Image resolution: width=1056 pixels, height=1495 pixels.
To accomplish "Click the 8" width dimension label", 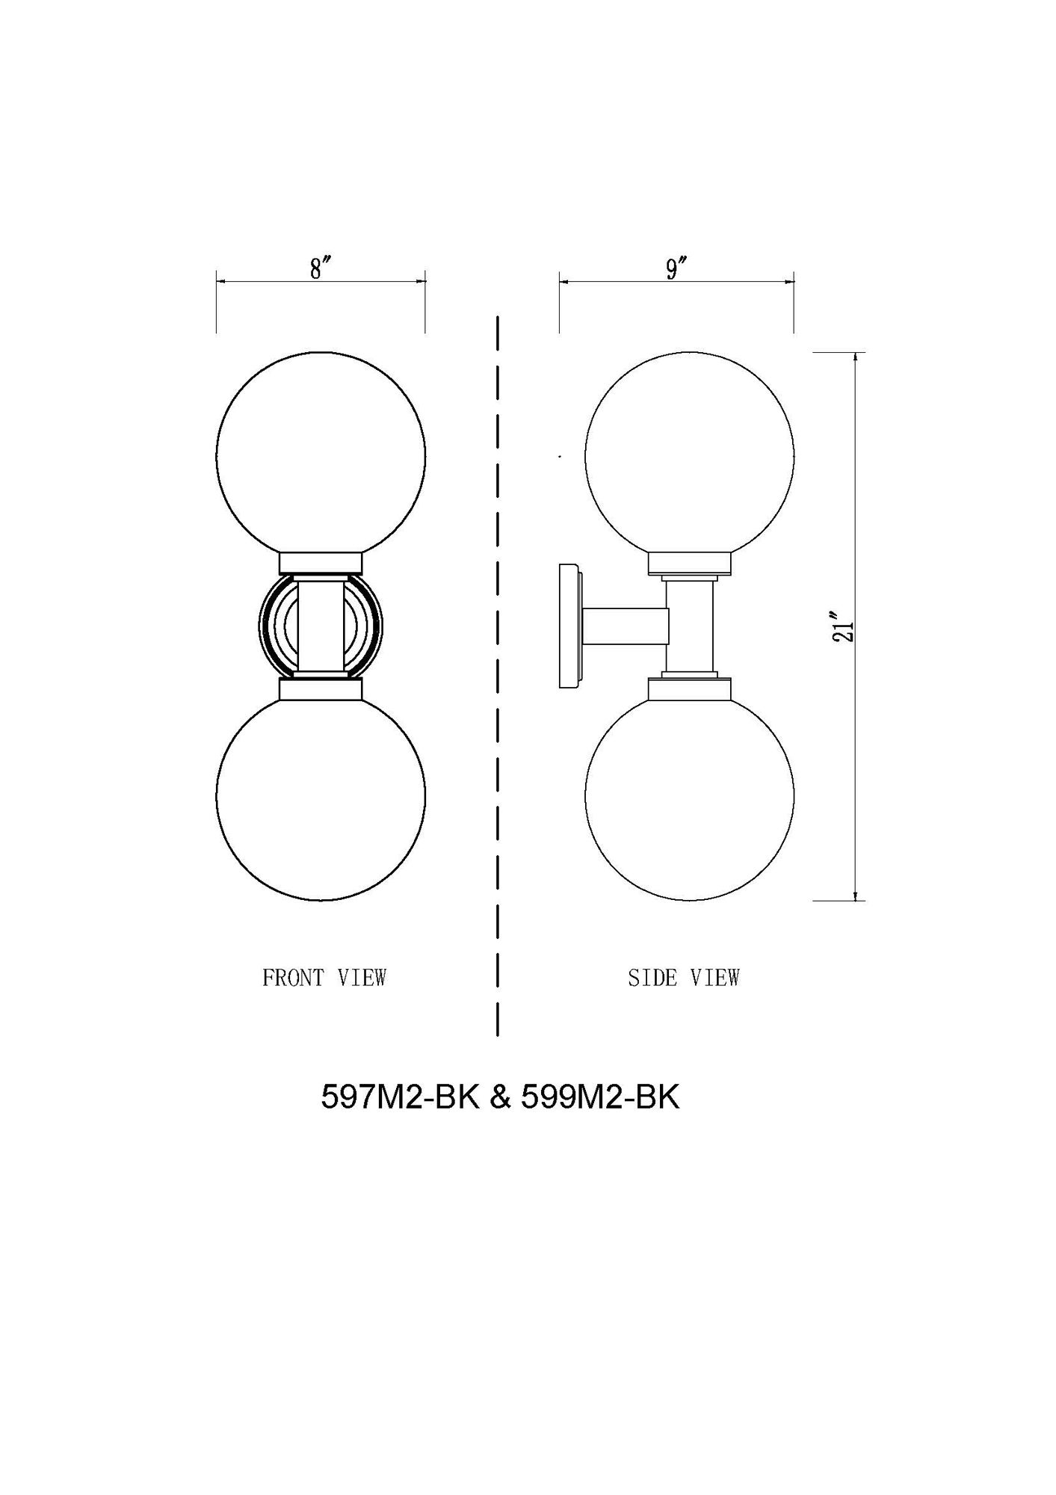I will click(x=321, y=268).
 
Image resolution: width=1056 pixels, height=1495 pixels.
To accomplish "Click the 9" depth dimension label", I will click(x=676, y=268).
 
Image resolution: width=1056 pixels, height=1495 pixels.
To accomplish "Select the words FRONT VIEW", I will click(x=324, y=978).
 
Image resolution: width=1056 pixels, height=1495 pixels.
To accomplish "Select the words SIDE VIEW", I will click(x=683, y=978).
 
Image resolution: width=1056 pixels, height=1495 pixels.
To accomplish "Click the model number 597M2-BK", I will click(x=399, y=1097).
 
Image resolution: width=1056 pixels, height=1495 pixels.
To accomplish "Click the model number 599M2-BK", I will click(x=600, y=1097).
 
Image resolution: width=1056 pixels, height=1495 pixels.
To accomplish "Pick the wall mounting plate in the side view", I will click(x=568, y=626).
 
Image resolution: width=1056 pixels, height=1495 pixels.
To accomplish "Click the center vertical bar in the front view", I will click(x=321, y=626).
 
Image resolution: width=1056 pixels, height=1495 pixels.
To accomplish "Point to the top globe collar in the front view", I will click(x=321, y=562).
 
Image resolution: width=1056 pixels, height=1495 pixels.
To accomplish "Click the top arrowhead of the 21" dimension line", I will click(x=855, y=357).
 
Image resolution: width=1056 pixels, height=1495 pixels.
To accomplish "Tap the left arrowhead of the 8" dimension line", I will click(x=221, y=281).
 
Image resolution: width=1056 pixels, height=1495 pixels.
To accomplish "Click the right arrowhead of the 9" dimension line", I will click(x=788, y=282).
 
